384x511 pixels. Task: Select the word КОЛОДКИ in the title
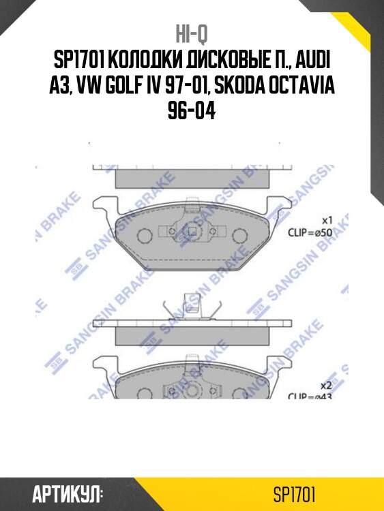[146, 61]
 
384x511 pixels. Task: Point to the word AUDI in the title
[311, 61]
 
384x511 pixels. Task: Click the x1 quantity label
[326, 221]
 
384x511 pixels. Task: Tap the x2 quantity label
[326, 385]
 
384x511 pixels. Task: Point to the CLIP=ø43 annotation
[310, 396]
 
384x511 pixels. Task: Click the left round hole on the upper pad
[144, 236]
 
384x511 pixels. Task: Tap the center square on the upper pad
[194, 235]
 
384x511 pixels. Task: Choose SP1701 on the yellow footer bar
[294, 494]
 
